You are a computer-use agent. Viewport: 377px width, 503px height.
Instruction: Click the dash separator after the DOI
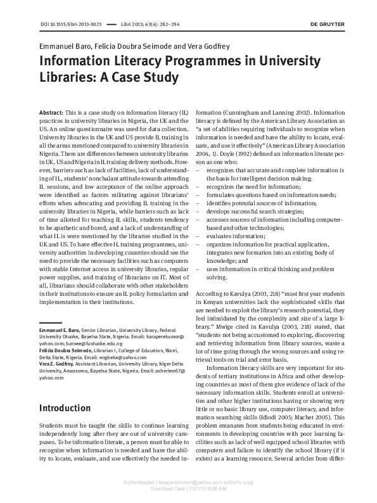click(112, 24)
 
